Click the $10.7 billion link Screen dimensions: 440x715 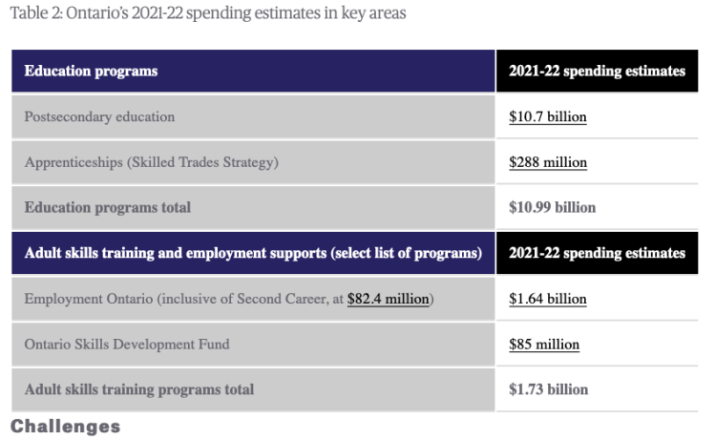click(x=547, y=117)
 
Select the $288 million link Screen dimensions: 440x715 click(x=548, y=162)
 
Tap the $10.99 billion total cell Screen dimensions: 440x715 click(x=552, y=207)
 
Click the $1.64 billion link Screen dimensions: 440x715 click(x=547, y=299)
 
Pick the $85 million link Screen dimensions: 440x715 click(x=544, y=344)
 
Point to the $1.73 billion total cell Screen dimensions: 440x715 click(x=548, y=389)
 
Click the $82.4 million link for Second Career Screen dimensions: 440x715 click(x=389, y=299)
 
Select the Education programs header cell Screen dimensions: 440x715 click(x=91, y=72)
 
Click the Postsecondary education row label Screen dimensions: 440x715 click(x=99, y=117)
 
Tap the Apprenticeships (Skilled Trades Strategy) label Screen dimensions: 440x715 click(x=152, y=162)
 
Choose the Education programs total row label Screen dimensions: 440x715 click(x=107, y=207)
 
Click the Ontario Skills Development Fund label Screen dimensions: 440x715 click(x=127, y=344)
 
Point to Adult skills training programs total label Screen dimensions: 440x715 click(x=139, y=389)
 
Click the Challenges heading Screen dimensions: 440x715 click(x=65, y=427)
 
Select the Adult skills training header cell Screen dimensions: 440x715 click(x=252, y=253)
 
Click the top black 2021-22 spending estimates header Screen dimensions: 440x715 click(x=597, y=72)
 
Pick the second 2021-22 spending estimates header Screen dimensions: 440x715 click(x=597, y=253)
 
